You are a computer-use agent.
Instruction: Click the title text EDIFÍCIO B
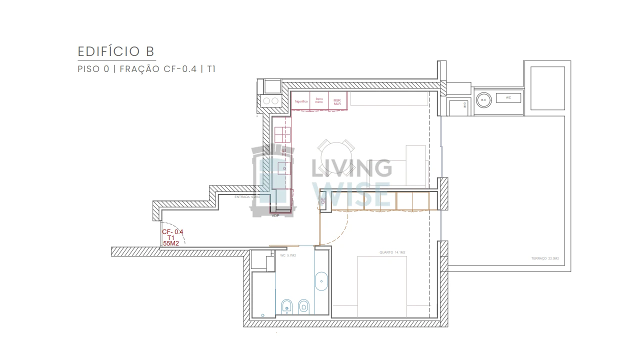[x=116, y=51]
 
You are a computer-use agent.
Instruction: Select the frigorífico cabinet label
[x=300, y=101]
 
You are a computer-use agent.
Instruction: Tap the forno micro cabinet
[x=319, y=101]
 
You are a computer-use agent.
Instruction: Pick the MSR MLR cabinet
[x=337, y=101]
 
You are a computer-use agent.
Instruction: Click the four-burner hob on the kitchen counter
[x=282, y=135]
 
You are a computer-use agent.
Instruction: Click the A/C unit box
[x=508, y=98]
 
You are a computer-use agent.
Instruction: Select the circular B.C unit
[x=483, y=100]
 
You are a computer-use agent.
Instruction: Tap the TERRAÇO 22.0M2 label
[x=544, y=258]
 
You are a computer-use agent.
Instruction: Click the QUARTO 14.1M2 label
[x=392, y=252]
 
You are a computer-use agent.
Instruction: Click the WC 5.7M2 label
[x=288, y=255]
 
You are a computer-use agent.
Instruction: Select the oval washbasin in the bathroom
[x=320, y=281]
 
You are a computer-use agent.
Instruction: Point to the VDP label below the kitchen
[x=275, y=215]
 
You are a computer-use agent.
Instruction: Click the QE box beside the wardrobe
[x=323, y=201]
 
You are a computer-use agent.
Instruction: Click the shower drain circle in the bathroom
[x=263, y=315]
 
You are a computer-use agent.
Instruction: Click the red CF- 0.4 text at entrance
[x=172, y=232]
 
